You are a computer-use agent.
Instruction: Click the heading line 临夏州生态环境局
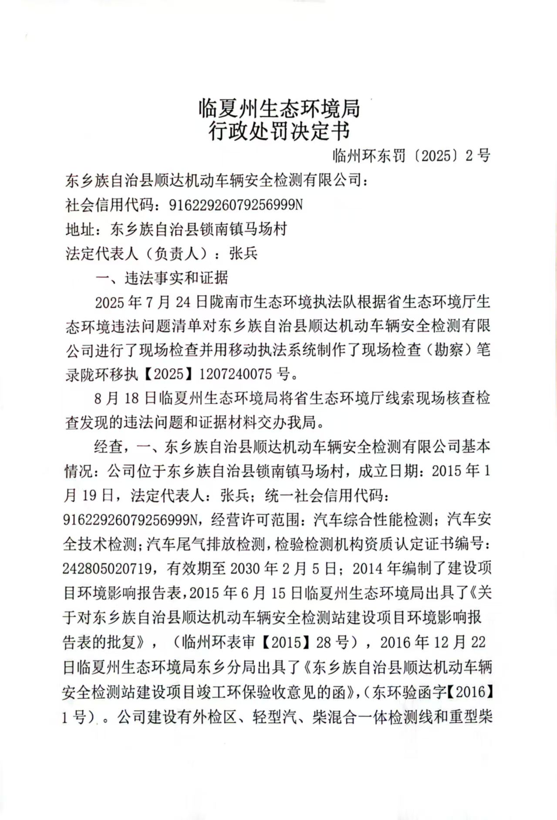279,109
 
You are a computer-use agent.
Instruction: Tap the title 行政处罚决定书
279,131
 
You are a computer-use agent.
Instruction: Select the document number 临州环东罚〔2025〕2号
412,155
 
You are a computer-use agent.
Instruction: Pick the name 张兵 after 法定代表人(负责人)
243,253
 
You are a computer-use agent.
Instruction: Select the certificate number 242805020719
107,568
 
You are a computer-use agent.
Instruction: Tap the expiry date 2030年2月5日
283,568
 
